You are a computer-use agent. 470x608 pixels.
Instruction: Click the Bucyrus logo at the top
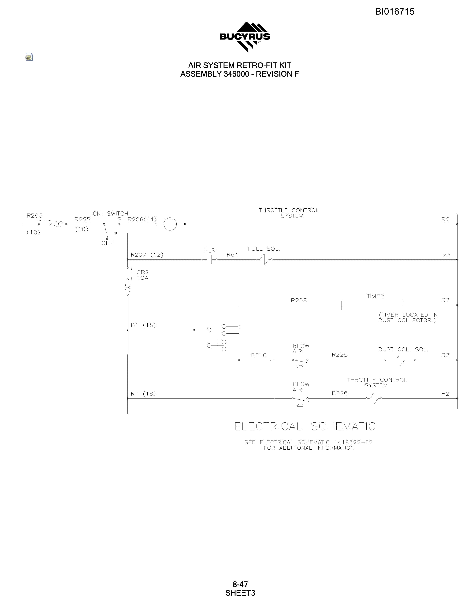click(x=245, y=37)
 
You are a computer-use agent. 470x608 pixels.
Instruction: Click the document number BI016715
click(x=395, y=11)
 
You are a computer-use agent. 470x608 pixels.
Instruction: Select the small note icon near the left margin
click(x=29, y=57)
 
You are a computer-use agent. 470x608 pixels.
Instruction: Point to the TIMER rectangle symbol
click(x=372, y=305)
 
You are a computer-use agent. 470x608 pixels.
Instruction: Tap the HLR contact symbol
click(x=209, y=259)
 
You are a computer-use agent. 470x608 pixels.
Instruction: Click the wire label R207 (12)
click(x=147, y=254)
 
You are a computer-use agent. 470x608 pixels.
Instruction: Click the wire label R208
click(x=299, y=300)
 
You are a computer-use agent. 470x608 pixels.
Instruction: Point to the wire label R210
click(x=259, y=355)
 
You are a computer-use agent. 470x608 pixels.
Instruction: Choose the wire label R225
click(x=340, y=355)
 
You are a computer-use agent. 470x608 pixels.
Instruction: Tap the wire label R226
click(x=340, y=393)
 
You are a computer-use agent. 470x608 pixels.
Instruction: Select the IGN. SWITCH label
click(x=110, y=214)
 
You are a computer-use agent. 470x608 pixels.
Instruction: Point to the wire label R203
click(x=35, y=216)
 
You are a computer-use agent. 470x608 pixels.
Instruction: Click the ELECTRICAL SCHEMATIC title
click(x=305, y=426)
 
